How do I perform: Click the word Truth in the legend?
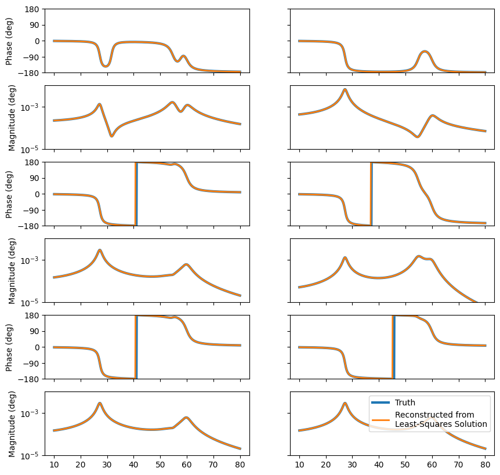[405, 403]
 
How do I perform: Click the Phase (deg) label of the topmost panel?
[9, 41]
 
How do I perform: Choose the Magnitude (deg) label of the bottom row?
[12, 423]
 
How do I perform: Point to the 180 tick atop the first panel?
[32, 9]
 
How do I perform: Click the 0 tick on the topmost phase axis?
[36, 41]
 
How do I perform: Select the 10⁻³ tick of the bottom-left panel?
[28, 413]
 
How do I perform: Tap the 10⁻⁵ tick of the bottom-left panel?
[28, 455]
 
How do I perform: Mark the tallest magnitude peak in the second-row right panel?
[345, 90]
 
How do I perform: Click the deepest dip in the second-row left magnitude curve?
[112, 136]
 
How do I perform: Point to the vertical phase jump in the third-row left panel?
[136, 194]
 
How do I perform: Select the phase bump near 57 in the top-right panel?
[425, 52]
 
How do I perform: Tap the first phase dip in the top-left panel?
[105, 66]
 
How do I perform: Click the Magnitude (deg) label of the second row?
[12, 117]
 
